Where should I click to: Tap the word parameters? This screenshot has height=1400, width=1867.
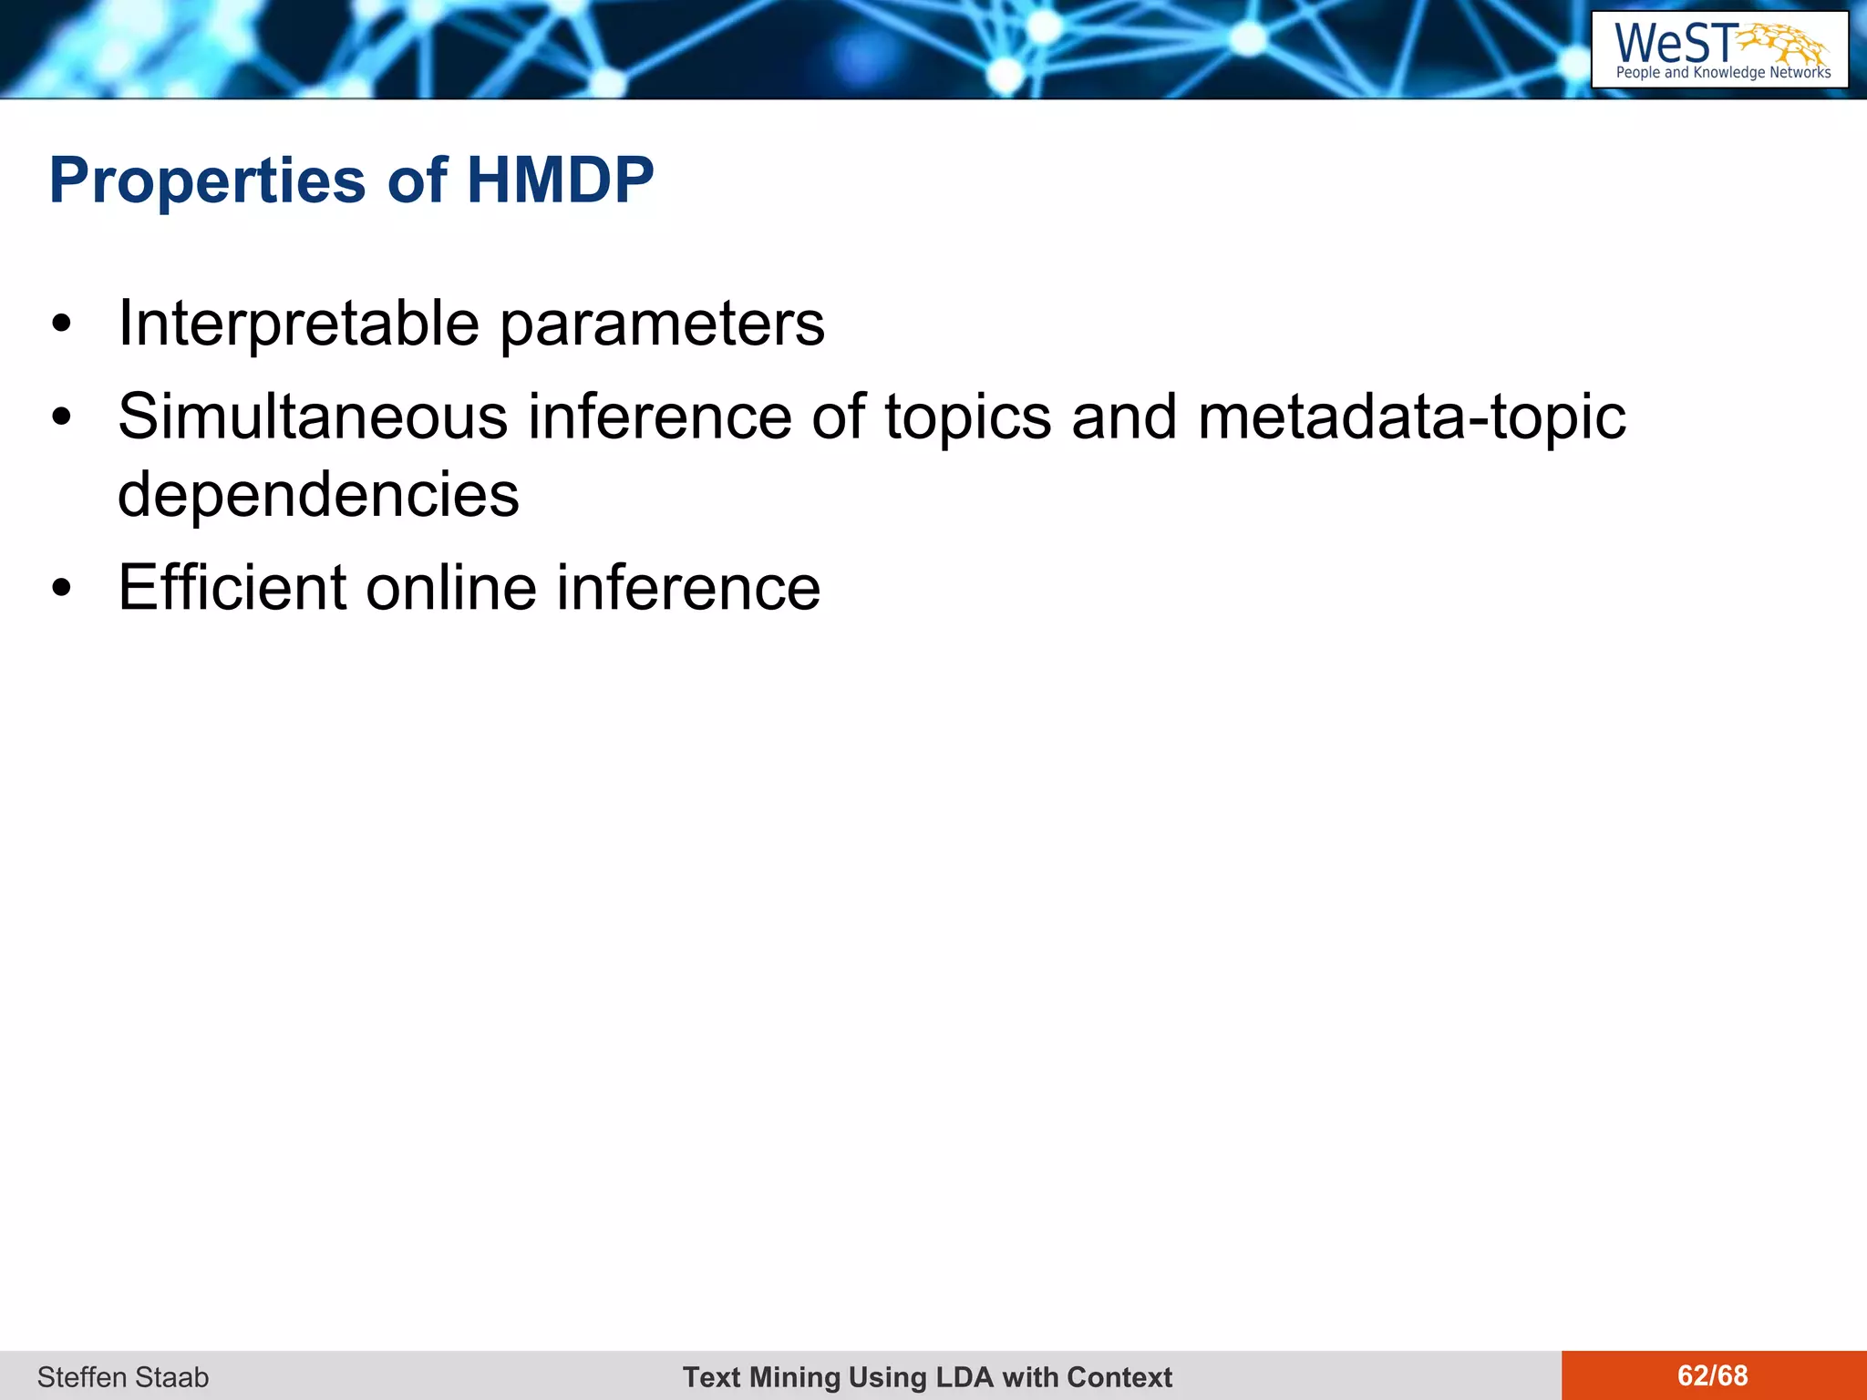(x=662, y=326)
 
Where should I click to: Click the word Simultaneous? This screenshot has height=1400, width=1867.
(x=313, y=417)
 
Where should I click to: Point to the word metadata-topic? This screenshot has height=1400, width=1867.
(x=1411, y=417)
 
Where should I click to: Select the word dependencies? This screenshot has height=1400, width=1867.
(x=318, y=496)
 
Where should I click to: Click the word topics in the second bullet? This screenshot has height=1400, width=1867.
(x=967, y=417)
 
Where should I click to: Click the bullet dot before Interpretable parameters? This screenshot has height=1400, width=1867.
(x=61, y=325)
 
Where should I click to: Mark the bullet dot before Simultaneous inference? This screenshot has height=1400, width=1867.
(x=61, y=418)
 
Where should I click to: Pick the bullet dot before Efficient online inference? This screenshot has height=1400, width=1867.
(x=61, y=589)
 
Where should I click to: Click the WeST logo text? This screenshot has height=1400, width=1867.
(x=1674, y=43)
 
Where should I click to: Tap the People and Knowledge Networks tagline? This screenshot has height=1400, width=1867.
(x=1723, y=73)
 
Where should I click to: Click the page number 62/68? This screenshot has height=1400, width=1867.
(x=1712, y=1375)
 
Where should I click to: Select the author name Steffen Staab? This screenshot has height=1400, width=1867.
(x=123, y=1377)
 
